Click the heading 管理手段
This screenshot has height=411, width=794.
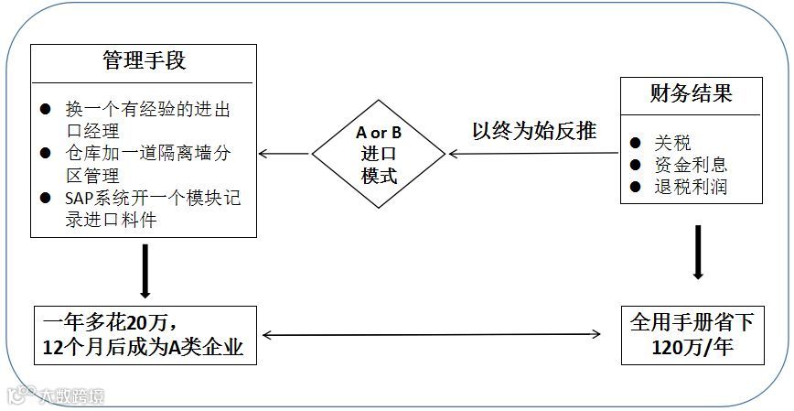[144, 61]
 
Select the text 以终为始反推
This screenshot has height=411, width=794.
[534, 132]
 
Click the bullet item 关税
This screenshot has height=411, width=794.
[671, 143]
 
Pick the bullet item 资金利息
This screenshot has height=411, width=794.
[690, 165]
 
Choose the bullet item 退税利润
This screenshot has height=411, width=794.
[690, 187]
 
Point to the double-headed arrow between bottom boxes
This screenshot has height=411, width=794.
[439, 335]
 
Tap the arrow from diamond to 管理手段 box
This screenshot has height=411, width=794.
[284, 154]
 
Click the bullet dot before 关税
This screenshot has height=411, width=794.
[636, 144]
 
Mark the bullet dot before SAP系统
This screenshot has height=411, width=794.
[45, 199]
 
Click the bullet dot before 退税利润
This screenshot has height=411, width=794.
[636, 188]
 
